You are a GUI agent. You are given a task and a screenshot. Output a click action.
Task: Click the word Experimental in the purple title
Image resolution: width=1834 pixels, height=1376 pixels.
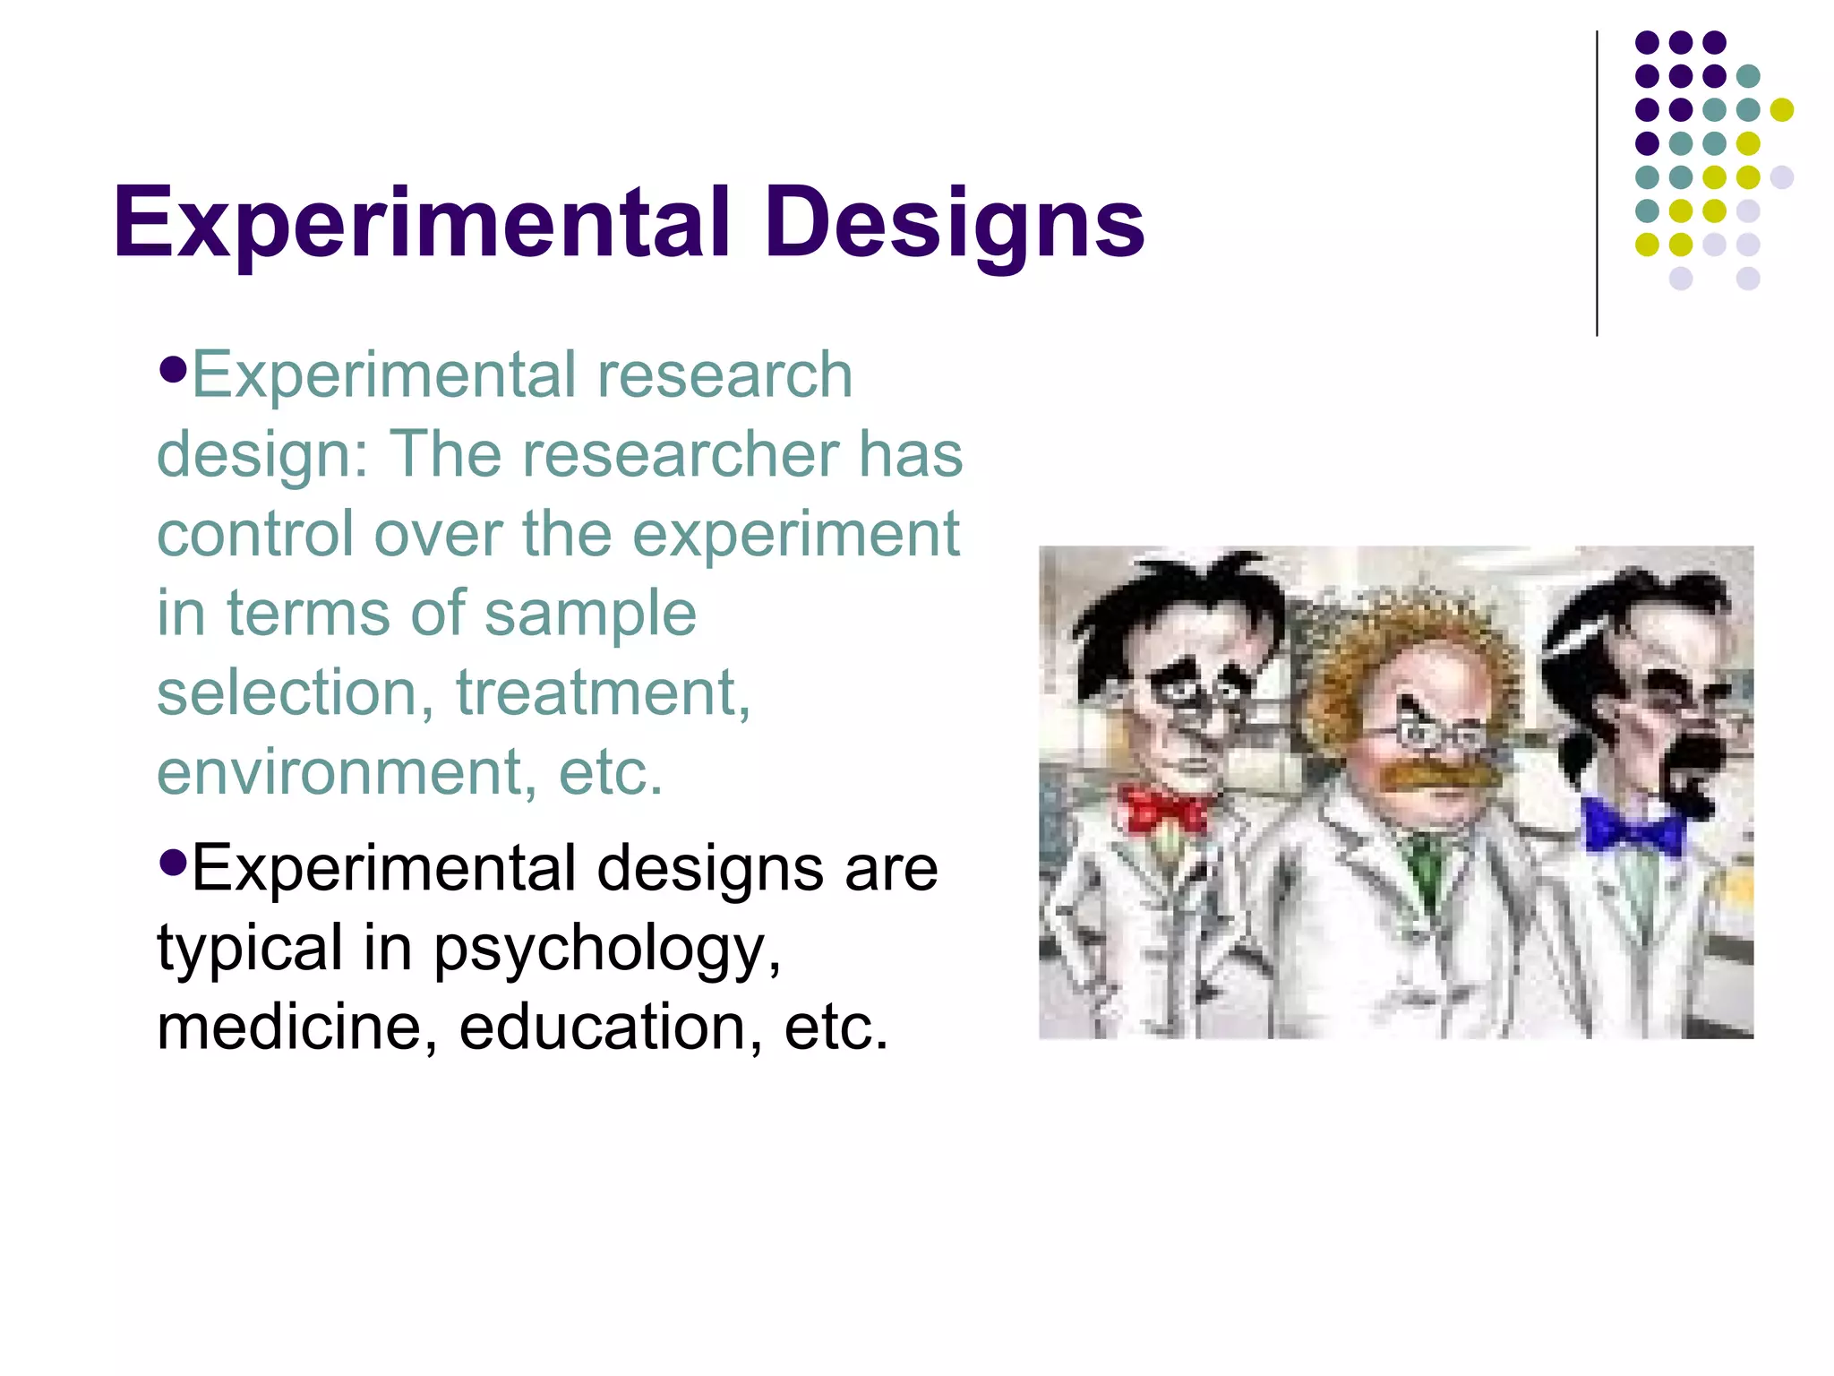pos(421,222)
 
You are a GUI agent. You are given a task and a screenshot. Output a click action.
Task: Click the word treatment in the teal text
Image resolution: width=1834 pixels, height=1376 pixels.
pos(603,692)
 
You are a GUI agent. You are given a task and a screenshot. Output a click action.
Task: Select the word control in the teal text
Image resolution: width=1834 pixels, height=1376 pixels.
pos(254,535)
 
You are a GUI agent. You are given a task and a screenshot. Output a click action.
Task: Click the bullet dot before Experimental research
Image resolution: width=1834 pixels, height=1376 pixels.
pos(172,368)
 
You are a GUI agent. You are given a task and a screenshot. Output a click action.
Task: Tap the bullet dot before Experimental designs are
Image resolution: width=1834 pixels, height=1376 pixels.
pos(172,863)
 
